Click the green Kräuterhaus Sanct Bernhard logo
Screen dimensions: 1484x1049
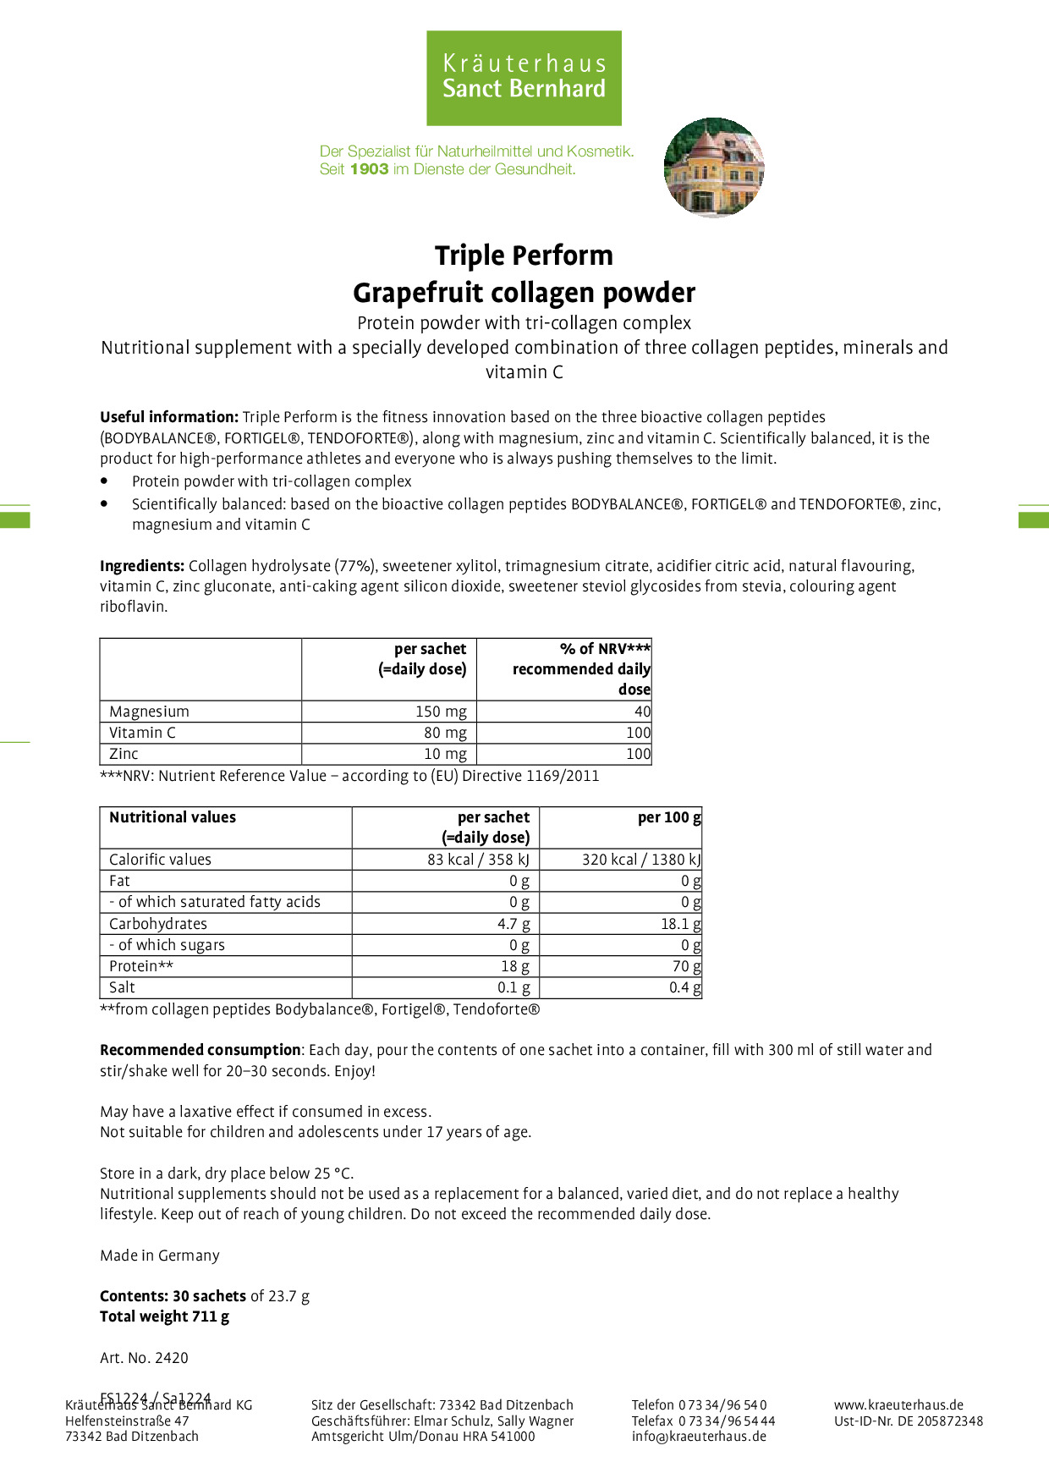click(524, 78)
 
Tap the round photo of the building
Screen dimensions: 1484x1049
click(714, 168)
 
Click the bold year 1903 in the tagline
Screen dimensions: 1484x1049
click(369, 169)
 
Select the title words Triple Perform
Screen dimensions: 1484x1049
click(524, 256)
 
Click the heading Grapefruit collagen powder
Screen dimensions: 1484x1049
click(524, 293)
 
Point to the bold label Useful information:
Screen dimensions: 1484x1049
click(169, 417)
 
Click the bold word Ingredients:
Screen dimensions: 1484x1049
click(142, 566)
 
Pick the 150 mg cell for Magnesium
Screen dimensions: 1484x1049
click(441, 712)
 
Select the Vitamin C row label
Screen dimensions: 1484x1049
click(143, 733)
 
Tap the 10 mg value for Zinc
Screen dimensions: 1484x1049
click(445, 754)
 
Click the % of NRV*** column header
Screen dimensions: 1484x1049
click(605, 649)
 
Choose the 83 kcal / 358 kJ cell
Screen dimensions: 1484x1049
click(478, 860)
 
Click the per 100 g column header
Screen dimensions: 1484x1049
click(669, 817)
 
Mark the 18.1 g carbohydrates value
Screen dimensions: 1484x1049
click(680, 924)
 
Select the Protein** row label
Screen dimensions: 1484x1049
click(141, 966)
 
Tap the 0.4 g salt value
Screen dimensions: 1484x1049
click(684, 987)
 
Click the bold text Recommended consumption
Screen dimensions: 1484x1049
click(200, 1050)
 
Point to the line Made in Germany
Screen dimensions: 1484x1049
click(160, 1256)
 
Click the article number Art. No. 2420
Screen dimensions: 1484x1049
click(144, 1358)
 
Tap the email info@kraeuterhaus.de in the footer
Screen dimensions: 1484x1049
click(699, 1436)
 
